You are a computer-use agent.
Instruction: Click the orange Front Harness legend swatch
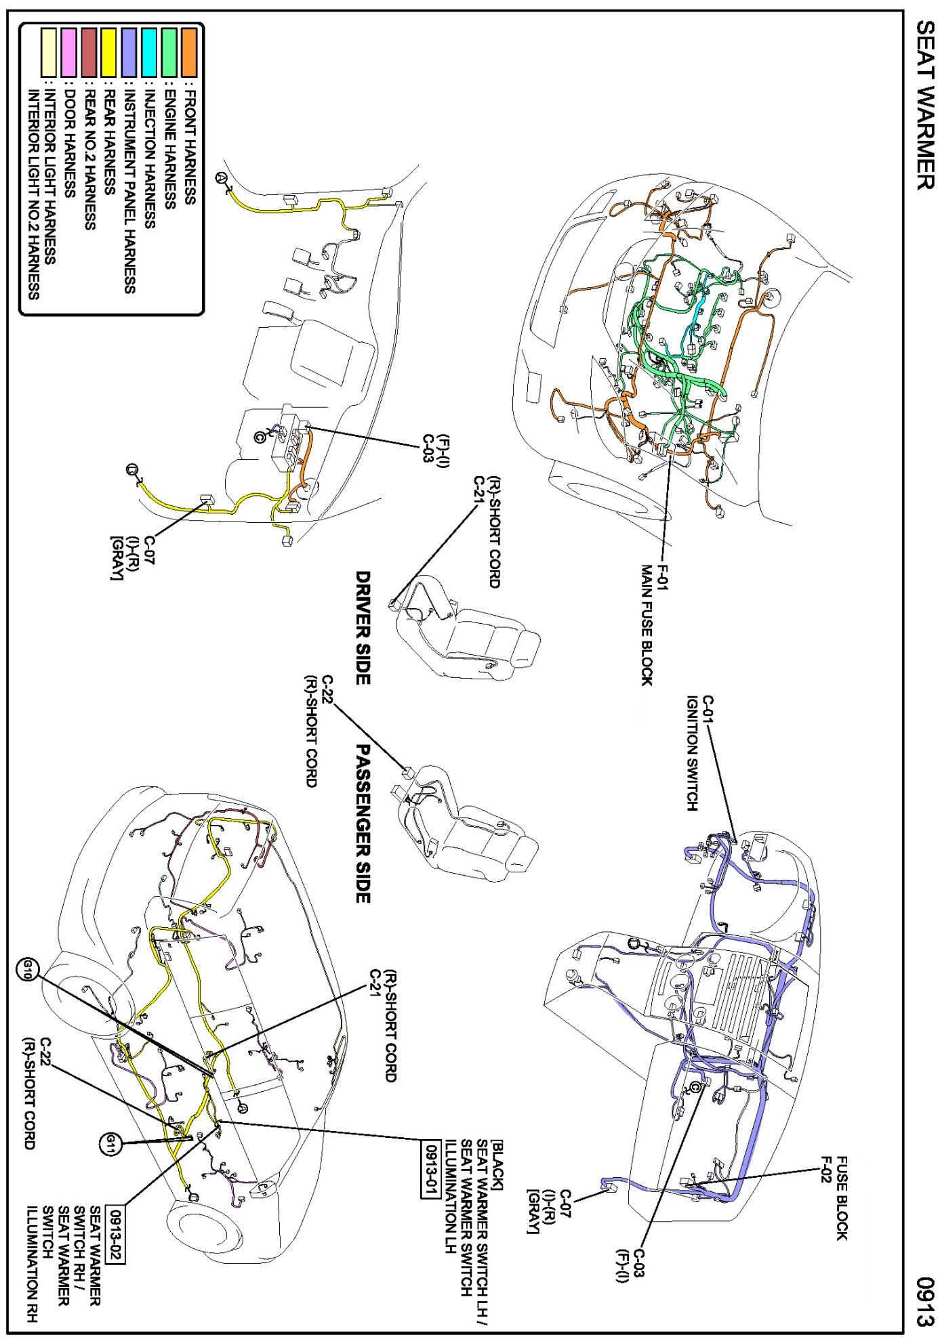tap(189, 52)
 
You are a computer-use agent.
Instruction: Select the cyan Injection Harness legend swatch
tap(148, 52)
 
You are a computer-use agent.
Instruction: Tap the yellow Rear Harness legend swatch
tap(108, 52)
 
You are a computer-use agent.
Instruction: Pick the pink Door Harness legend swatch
tap(68, 52)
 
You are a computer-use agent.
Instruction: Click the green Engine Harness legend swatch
tap(169, 52)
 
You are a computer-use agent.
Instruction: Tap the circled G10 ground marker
tap(28, 969)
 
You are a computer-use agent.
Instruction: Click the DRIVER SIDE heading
tap(363, 627)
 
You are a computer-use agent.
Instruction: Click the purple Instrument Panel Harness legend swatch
tap(129, 52)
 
